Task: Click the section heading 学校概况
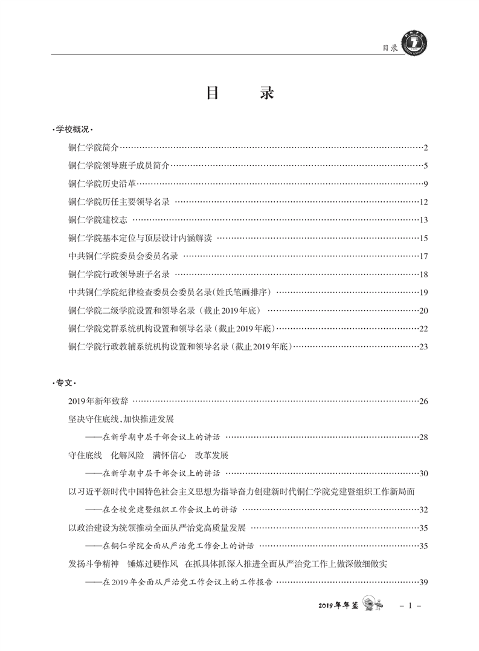(x=71, y=129)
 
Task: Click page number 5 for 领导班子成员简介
(x=425, y=166)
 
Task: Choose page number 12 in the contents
(x=423, y=202)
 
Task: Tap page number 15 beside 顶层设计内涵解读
(x=423, y=238)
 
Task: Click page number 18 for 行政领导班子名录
(x=423, y=274)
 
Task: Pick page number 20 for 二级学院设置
(x=423, y=311)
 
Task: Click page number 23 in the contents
(x=423, y=347)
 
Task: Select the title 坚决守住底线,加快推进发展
(x=121, y=419)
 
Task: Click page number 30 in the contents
(x=423, y=473)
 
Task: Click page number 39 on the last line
(x=423, y=583)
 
